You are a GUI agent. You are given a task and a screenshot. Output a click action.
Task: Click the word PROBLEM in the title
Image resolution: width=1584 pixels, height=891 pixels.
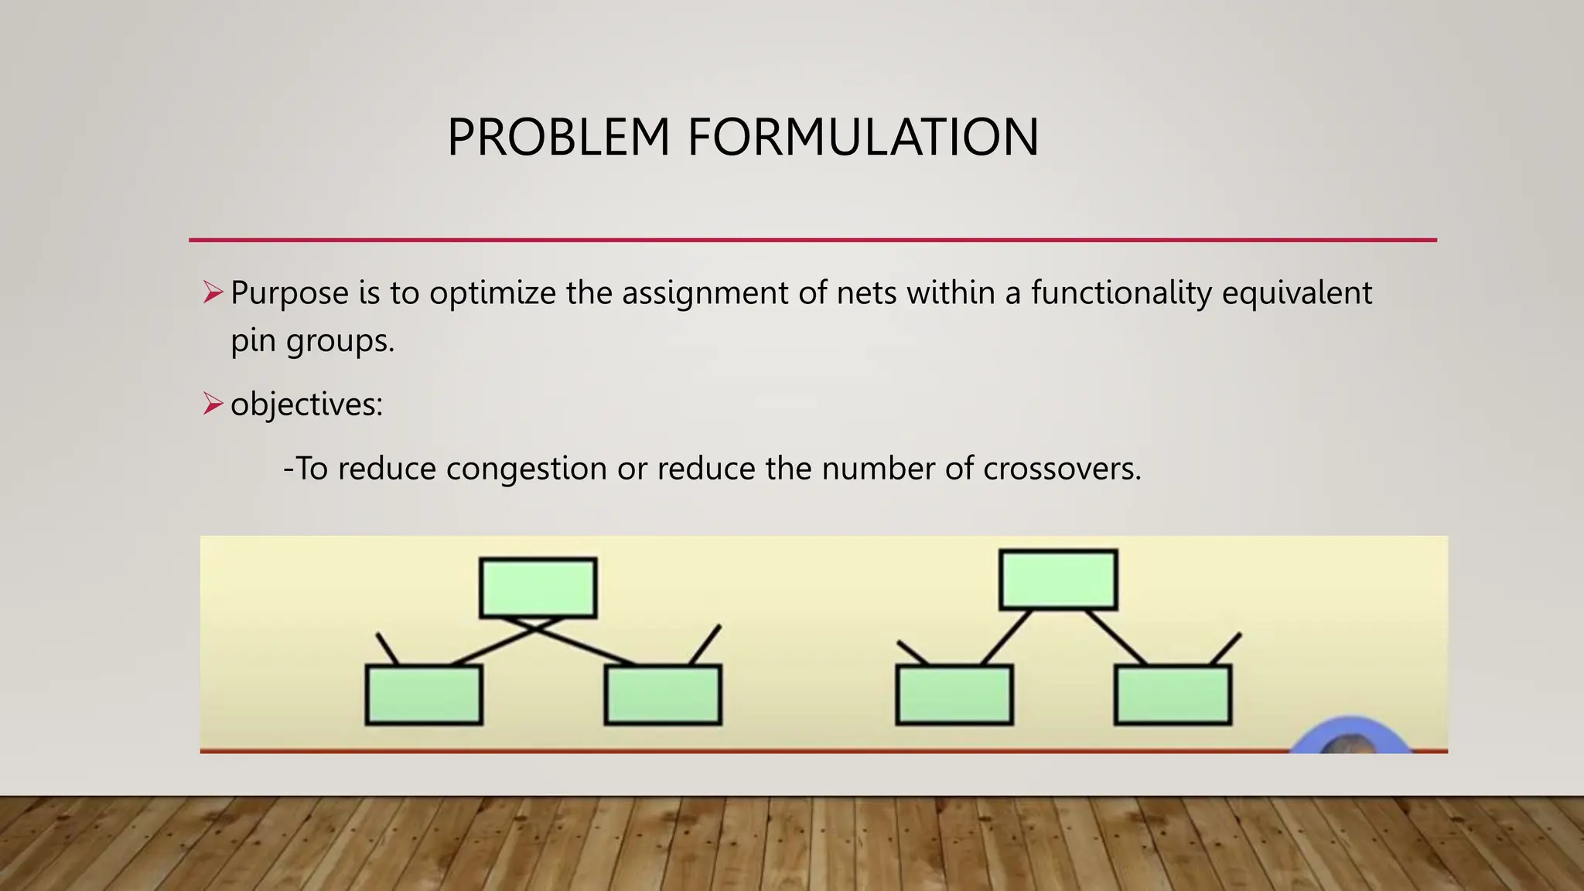558,138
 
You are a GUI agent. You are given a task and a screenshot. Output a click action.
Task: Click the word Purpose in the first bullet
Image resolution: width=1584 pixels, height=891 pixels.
289,293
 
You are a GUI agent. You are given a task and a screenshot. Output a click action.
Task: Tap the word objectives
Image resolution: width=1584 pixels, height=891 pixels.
306,405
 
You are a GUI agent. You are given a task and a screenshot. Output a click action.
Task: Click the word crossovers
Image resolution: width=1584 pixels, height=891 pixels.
1061,469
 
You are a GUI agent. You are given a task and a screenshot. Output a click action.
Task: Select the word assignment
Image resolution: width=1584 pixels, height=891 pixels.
705,293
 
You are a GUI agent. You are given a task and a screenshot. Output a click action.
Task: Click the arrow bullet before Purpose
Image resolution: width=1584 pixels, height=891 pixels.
213,292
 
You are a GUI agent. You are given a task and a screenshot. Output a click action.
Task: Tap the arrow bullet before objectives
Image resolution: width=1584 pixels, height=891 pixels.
213,404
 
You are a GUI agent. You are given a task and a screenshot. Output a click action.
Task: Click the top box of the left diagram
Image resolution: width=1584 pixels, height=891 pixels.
538,588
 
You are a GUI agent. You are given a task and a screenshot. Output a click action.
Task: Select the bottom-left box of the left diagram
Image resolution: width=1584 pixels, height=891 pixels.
424,695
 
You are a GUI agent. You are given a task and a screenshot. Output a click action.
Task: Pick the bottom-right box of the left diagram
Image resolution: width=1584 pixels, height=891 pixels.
663,695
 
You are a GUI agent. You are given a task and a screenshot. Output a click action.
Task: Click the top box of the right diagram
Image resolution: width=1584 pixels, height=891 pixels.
1058,579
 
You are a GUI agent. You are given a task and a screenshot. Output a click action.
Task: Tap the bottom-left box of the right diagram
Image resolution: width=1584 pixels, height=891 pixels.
954,695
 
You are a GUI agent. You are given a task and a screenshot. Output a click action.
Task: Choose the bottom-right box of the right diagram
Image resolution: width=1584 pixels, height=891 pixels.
1173,695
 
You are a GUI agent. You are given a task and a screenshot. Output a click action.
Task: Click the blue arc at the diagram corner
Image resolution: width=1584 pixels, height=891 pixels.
1350,731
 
